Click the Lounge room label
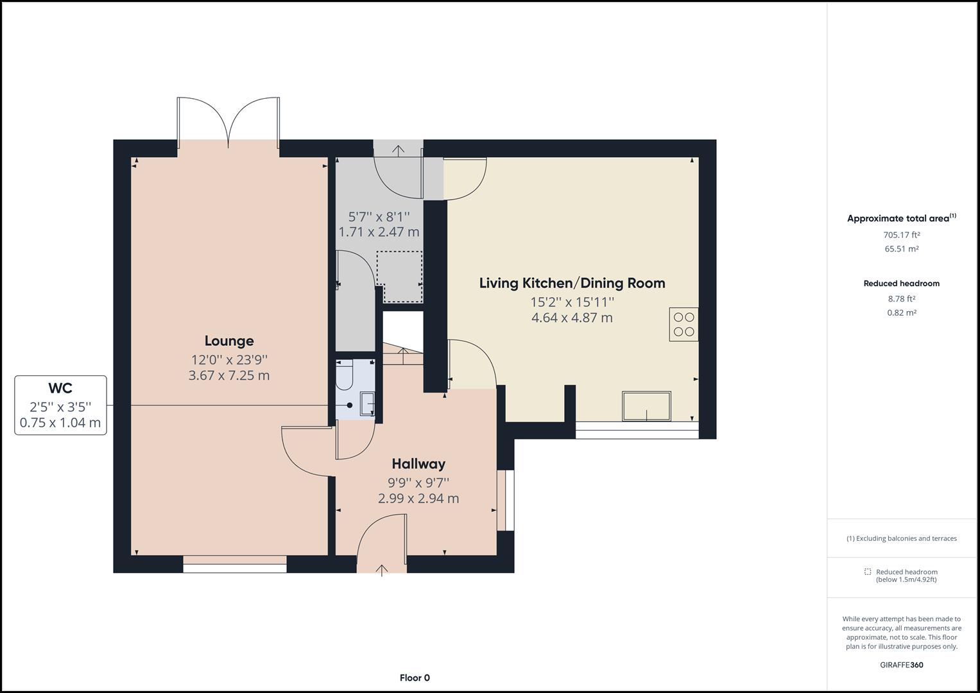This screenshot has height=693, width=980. (229, 341)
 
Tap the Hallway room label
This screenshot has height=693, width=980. (418, 464)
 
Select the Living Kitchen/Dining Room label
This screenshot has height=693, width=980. (572, 283)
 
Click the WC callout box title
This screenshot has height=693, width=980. (60, 388)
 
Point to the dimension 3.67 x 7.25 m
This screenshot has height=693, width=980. (229, 375)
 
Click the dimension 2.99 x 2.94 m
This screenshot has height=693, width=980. (418, 499)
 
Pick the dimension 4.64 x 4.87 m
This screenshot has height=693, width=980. (572, 318)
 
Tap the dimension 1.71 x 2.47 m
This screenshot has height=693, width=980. (379, 232)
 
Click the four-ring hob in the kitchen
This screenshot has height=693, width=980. (683, 324)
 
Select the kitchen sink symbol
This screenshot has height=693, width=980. (647, 406)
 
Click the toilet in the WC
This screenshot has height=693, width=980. (344, 375)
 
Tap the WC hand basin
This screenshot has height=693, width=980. (367, 404)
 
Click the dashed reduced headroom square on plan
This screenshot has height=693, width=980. (399, 277)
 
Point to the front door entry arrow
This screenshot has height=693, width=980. (382, 570)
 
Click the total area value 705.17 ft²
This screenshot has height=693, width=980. (902, 235)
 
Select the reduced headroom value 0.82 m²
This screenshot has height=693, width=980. (902, 313)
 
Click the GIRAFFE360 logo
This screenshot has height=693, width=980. (902, 665)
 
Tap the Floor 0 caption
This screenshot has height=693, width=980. (415, 678)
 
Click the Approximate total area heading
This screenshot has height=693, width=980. (902, 218)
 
